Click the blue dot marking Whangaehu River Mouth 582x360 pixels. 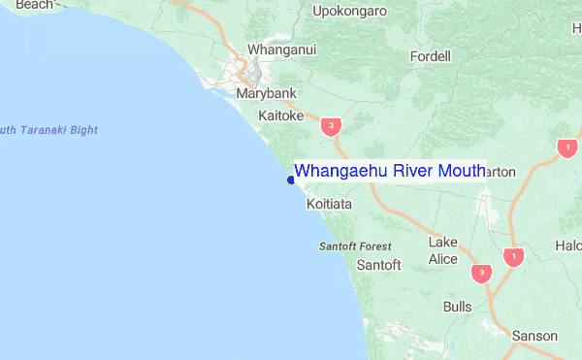click(x=291, y=180)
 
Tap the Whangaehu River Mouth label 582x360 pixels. click(x=389, y=171)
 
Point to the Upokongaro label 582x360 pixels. click(x=349, y=12)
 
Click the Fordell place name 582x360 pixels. click(x=431, y=56)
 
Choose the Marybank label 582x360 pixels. click(x=266, y=94)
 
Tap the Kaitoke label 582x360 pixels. click(x=281, y=115)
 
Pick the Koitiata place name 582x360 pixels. click(x=329, y=206)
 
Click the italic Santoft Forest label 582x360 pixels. click(x=355, y=246)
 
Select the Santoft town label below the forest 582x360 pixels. click(x=378, y=265)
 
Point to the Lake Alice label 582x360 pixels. click(x=443, y=250)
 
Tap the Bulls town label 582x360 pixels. click(x=457, y=307)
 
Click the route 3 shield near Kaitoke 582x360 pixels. click(x=333, y=126)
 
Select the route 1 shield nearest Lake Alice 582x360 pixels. click(x=513, y=257)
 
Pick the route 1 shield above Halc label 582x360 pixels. click(x=566, y=147)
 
